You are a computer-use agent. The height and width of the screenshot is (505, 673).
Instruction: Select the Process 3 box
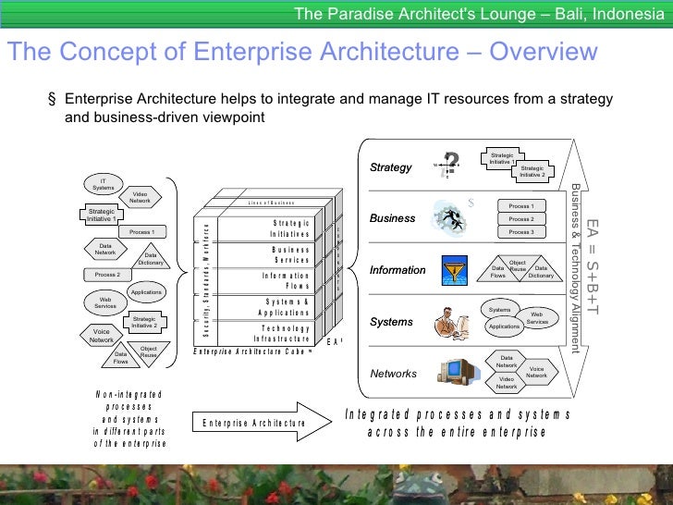pos(520,232)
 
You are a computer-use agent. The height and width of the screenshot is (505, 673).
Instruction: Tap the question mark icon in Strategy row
pos(450,165)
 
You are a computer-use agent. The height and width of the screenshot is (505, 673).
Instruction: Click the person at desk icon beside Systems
pos(451,322)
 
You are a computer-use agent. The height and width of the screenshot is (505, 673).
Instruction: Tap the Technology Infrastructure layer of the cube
pos(282,333)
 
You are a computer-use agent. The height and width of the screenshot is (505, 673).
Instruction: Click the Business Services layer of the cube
pos(289,255)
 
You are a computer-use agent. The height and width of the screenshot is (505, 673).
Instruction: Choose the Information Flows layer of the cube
pos(286,281)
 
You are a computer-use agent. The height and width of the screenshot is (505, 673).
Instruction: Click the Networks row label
pos(394,374)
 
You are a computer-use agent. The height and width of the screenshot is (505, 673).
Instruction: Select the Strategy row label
pos(390,167)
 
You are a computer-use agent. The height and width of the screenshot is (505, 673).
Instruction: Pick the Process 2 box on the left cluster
pos(107,275)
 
